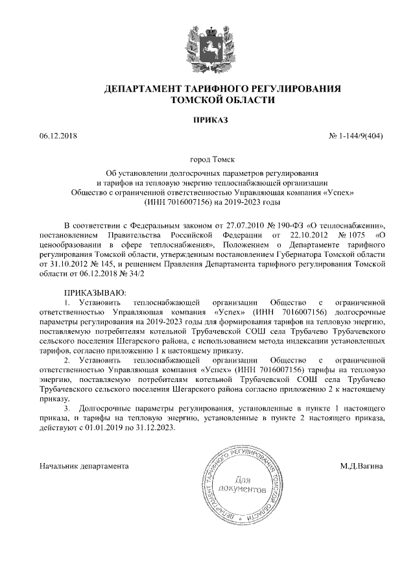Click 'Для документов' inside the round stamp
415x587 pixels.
point(242,483)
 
